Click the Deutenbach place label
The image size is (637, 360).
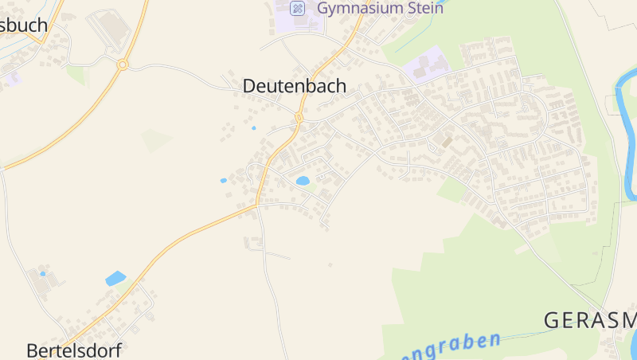[295, 86]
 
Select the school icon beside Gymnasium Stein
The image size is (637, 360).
[297, 9]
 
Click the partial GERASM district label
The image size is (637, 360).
[589, 320]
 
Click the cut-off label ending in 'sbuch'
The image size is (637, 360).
[24, 25]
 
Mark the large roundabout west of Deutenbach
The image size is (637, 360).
[123, 65]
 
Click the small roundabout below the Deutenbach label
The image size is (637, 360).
[299, 118]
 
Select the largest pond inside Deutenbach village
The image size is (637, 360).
[303, 181]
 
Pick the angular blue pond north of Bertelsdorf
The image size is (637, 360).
[115, 279]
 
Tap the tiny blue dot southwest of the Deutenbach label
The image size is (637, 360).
[254, 127]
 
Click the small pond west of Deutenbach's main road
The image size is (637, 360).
[224, 181]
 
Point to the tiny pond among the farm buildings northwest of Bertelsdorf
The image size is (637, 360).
[43, 274]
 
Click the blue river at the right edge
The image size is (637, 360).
[626, 135]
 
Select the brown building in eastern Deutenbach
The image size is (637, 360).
[447, 142]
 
